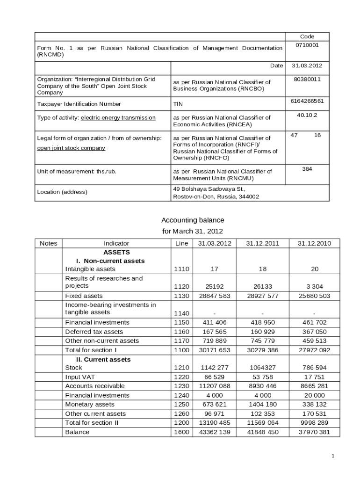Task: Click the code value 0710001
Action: click(x=307, y=45)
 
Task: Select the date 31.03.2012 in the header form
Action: click(x=307, y=66)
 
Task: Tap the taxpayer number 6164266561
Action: click(x=307, y=101)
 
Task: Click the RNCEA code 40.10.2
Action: click(x=307, y=115)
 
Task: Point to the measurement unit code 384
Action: click(x=307, y=168)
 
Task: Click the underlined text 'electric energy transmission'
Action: click(x=118, y=118)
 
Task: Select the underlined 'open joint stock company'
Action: click(x=71, y=148)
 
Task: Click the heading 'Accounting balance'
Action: click(x=193, y=220)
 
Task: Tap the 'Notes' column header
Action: click(x=49, y=243)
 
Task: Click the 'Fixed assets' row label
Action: click(x=84, y=296)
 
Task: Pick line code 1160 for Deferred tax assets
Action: click(x=181, y=332)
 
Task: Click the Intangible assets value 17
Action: click(x=215, y=269)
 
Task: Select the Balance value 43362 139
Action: click(x=215, y=432)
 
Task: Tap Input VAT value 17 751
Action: click(x=314, y=377)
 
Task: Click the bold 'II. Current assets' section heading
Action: click(x=103, y=359)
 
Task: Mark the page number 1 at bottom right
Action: click(x=333, y=456)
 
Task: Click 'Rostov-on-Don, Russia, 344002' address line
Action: click(x=216, y=197)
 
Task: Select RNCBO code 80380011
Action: click(x=307, y=80)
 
